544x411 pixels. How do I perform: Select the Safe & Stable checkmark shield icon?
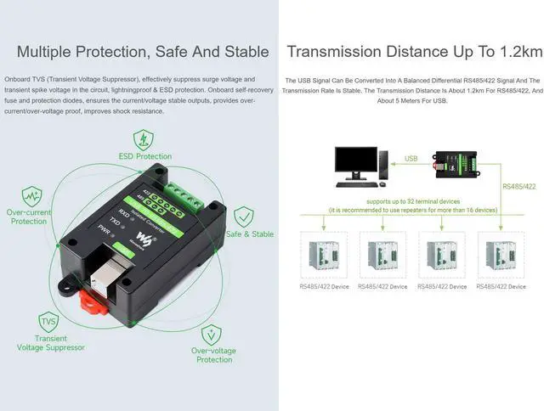click(243, 216)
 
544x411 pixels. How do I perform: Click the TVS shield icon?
click(49, 322)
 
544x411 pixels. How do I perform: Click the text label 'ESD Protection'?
click(144, 156)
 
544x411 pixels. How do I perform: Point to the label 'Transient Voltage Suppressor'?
click(51, 343)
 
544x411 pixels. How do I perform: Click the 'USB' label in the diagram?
click(411, 159)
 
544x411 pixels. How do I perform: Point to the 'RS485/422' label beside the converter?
click(519, 186)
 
